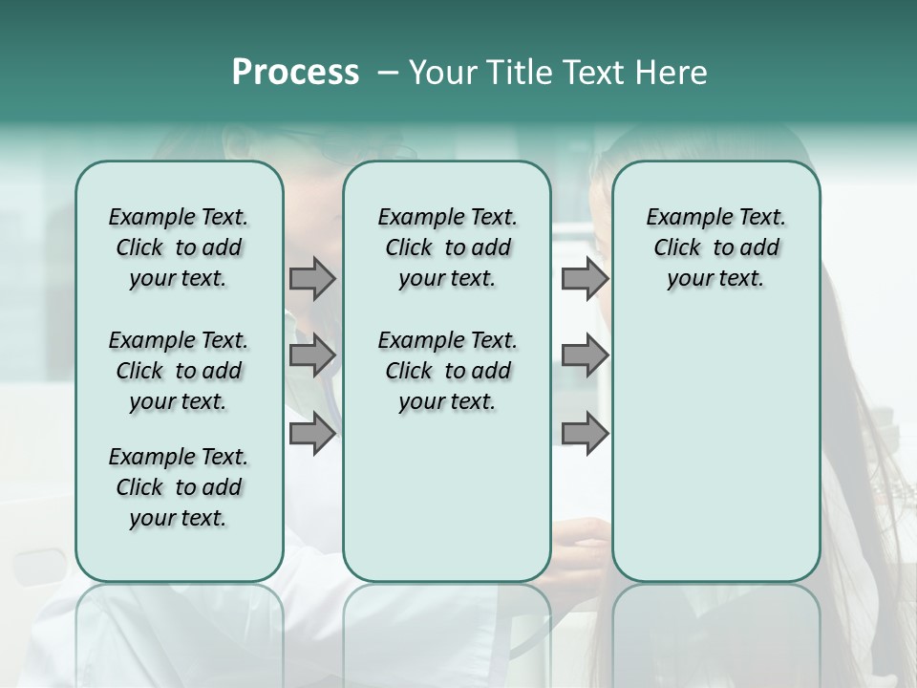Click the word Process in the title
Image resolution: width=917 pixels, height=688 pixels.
(x=295, y=73)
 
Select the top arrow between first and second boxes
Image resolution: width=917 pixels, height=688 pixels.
(x=312, y=278)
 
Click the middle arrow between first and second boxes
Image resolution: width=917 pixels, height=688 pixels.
(x=312, y=355)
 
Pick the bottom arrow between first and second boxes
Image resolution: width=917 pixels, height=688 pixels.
(x=312, y=433)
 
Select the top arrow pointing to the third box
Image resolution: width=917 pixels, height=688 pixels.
(x=585, y=278)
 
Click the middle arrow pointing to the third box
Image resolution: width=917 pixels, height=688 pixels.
(x=585, y=355)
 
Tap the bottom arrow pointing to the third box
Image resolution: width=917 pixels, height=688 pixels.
(x=585, y=433)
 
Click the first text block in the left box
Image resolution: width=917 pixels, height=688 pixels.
(x=179, y=247)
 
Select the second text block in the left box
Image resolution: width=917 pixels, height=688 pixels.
(x=179, y=371)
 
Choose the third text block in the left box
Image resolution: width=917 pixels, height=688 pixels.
(x=179, y=487)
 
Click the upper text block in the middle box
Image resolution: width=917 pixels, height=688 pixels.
(x=447, y=247)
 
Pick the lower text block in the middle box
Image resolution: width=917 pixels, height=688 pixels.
(x=447, y=371)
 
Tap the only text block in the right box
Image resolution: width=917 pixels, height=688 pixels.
(x=716, y=247)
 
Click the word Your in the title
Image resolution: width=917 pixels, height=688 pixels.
(x=439, y=73)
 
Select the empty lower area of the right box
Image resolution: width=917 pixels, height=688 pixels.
(x=716, y=449)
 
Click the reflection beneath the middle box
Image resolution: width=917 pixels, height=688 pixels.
(x=447, y=621)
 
